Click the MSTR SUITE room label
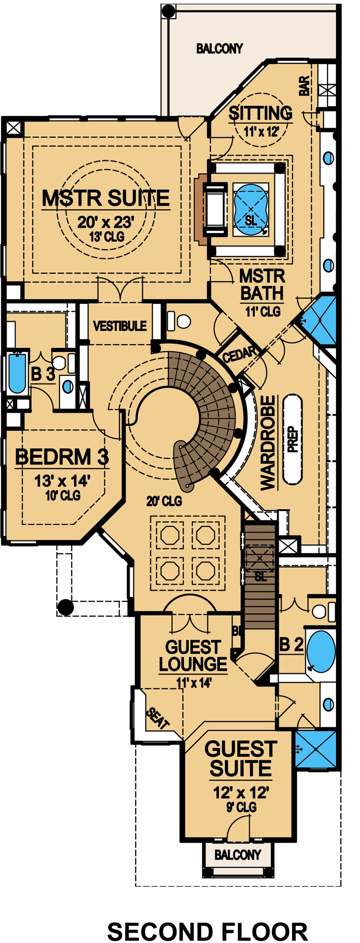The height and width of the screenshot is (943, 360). (105, 198)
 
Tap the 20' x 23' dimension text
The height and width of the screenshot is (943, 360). (105, 222)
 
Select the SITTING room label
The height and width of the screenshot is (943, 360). (260, 113)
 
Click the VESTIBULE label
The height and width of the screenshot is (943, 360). (120, 326)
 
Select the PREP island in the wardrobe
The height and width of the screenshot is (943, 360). (293, 439)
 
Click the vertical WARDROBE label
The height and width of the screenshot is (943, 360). (268, 443)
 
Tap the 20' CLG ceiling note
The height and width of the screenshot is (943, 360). (164, 501)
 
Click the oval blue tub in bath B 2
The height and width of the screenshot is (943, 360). (321, 651)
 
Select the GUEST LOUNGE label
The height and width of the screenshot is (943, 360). (193, 656)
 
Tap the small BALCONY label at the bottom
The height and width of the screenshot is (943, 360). (238, 855)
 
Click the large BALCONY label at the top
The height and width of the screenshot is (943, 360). (219, 48)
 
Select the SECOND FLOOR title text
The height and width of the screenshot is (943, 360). (207, 931)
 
